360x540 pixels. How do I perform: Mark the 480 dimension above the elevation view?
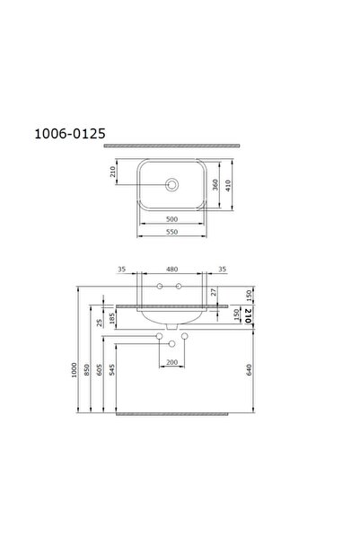click(x=171, y=268)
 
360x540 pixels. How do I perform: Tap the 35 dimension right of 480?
click(x=222, y=268)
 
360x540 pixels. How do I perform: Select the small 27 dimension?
click(x=214, y=292)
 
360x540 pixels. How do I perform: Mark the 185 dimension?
click(x=111, y=317)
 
